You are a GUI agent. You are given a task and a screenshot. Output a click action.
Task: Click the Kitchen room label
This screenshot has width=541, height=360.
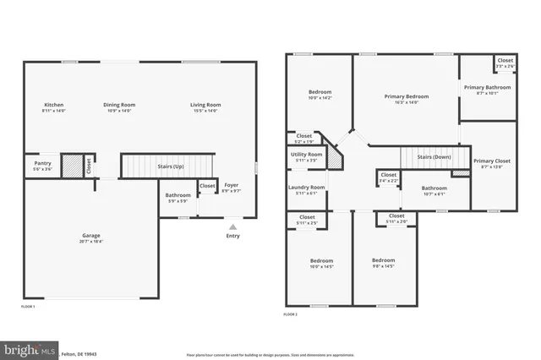[53, 105]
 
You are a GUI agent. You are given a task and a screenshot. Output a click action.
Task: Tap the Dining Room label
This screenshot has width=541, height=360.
[119, 105]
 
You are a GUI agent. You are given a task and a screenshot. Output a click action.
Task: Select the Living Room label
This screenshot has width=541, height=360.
[205, 105]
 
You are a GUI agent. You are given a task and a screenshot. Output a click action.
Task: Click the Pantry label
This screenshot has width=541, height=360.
[42, 163]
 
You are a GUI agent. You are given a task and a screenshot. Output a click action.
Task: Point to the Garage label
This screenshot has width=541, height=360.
[91, 235]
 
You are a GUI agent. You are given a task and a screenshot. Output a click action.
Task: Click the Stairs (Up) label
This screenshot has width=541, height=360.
[172, 166]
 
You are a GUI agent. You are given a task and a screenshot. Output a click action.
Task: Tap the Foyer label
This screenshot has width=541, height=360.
[231, 184]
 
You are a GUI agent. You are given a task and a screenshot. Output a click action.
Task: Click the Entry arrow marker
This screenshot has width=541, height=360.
[232, 226]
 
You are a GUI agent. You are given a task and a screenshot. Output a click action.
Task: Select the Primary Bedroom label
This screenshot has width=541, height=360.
[407, 96]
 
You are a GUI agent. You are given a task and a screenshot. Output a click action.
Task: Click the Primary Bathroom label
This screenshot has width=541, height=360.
[487, 87]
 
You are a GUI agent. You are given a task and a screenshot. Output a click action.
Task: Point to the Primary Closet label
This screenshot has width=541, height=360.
[491, 161]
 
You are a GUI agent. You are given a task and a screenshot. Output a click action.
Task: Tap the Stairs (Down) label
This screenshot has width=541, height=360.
[434, 157]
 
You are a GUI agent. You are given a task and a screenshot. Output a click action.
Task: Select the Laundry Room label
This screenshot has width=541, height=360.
[306, 187]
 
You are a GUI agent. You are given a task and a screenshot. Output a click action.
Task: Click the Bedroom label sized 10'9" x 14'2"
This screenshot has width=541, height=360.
[320, 91]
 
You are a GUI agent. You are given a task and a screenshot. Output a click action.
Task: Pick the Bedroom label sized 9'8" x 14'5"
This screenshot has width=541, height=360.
[384, 260]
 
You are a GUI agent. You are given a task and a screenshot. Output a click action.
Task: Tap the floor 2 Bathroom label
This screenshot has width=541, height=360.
[434, 188]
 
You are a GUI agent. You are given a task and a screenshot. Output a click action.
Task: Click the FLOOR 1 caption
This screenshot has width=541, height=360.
[28, 306]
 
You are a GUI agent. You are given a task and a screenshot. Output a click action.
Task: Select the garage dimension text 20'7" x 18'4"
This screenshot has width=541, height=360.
[91, 242]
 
